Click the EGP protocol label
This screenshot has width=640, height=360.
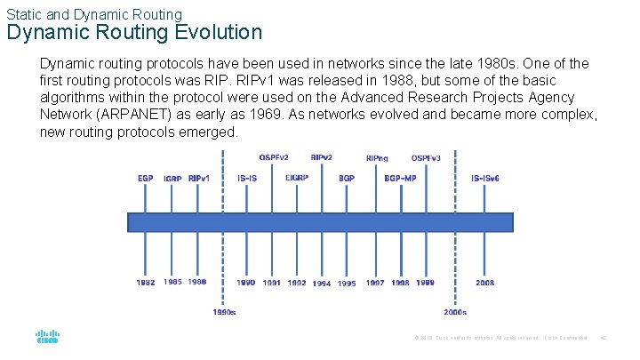coord(146,178)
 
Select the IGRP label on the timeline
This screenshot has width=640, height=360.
coord(172,179)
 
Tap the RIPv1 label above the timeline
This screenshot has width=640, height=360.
coord(199,178)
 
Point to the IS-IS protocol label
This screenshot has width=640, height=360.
coord(248,178)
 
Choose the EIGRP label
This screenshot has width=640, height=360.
coord(297,178)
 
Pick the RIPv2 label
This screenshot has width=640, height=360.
coord(322,157)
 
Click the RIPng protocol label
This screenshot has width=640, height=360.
coord(377,158)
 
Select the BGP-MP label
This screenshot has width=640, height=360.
coord(400,178)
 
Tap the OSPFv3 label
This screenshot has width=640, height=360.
coord(426,158)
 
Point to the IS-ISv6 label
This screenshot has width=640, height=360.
coord(485,178)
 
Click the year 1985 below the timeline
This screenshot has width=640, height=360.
coord(172,282)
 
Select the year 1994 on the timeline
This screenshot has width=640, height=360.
coord(322,284)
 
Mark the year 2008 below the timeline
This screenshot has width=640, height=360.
coord(485,283)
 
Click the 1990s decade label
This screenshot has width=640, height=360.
coord(224,312)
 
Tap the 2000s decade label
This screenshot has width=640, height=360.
coord(455,312)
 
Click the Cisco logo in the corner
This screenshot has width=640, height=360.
coord(46,339)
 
